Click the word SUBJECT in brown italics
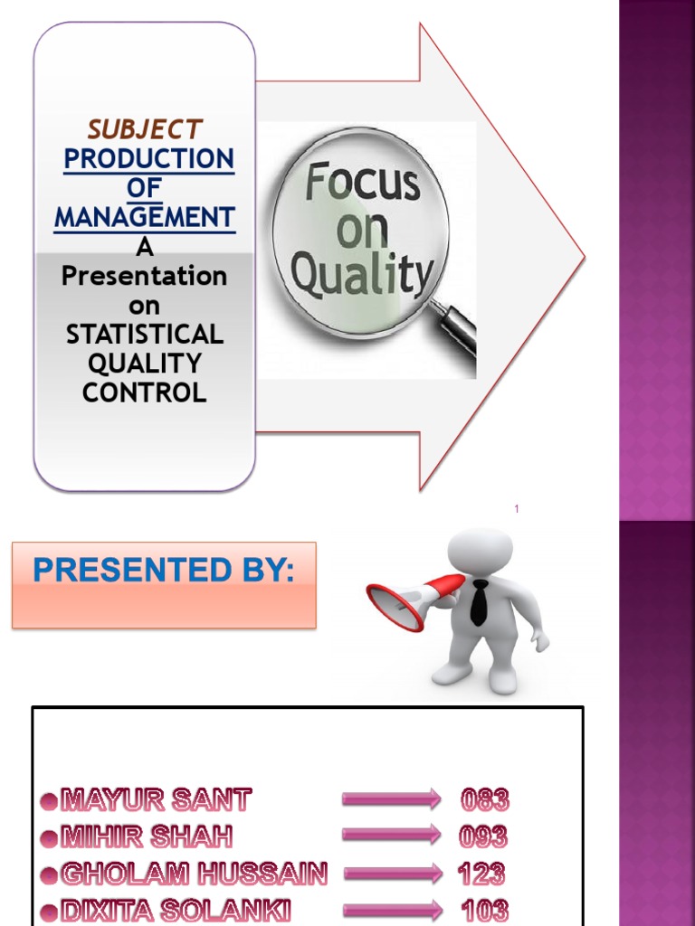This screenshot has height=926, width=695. pos(145,129)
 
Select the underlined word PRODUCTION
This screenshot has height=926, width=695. pos(148,159)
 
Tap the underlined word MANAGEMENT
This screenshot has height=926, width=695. pos(145,218)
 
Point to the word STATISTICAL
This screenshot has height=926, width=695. pos(145,335)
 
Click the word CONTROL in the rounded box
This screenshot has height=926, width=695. pos(145,392)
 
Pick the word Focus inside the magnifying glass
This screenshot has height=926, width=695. pos(362,184)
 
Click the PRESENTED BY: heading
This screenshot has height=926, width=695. pos(164,572)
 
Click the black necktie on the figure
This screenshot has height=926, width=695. pos(479,601)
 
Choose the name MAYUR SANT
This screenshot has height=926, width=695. pos(157,799)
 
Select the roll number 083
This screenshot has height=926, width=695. pos(485,799)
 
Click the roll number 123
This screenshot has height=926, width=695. pos(481,874)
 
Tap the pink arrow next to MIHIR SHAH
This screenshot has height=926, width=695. pos(391,836)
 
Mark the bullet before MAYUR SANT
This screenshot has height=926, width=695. pos(49,800)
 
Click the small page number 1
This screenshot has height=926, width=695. pos(517,510)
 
